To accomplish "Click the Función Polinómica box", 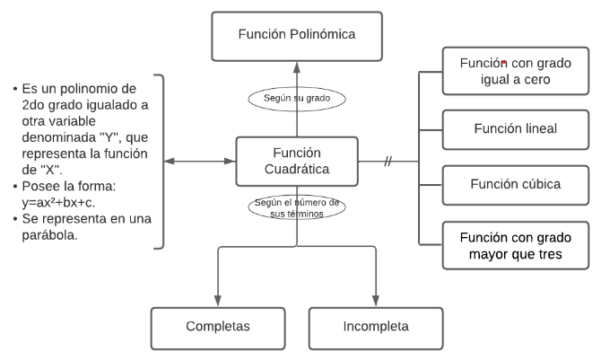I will (x=297, y=35).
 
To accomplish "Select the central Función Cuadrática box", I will (x=297, y=161).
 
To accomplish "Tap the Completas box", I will (x=217, y=327).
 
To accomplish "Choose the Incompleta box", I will (x=376, y=327).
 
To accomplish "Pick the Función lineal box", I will (x=515, y=128).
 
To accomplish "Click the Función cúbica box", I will (x=515, y=184).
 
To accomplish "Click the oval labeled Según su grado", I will (x=297, y=97).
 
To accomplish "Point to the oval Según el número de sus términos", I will (x=297, y=208).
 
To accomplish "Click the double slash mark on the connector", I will (x=388, y=162).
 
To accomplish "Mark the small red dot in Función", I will (x=504, y=63).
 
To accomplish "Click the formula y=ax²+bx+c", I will (x=67, y=203).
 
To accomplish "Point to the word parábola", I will (x=50, y=235).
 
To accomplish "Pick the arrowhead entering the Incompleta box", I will (x=376, y=303).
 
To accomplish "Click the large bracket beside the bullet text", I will (x=160, y=162).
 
